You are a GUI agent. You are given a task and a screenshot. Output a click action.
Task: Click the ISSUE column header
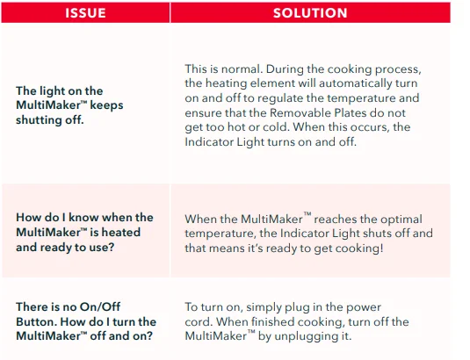(85, 13)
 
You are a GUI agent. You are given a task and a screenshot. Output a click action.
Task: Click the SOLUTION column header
(310, 13)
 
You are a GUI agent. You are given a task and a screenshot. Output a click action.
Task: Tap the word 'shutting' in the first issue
(40, 120)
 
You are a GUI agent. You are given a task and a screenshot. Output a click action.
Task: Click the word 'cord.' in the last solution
(199, 322)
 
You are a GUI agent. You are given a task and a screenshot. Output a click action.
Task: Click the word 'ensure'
(204, 113)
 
